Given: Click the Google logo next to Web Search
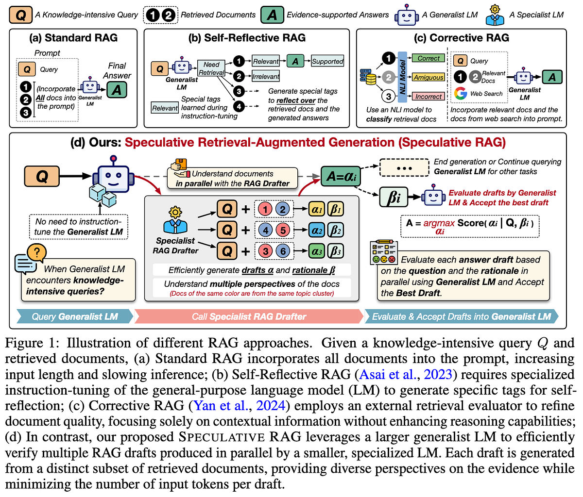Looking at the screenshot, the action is (460, 94).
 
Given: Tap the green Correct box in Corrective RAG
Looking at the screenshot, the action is (428, 58).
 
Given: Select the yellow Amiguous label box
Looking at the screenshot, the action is (428, 77).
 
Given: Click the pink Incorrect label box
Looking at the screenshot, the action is (428, 97).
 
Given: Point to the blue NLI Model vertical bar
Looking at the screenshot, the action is (402, 77).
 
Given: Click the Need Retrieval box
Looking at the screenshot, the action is (211, 68).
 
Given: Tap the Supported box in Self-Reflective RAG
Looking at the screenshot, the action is (327, 61).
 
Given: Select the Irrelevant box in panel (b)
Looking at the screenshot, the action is (266, 76).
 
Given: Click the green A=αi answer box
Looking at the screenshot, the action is (341, 176).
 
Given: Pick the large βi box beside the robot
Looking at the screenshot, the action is (394, 197).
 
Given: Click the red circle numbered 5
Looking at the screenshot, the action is (283, 230).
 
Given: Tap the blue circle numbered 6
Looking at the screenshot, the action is (283, 251).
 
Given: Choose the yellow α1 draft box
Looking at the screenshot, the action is (316, 209).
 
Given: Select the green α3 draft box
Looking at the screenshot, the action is (316, 251).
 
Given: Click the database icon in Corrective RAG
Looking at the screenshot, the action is (368, 77).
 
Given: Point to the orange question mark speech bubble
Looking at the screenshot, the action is (37, 252).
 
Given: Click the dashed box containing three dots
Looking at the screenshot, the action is (404, 168).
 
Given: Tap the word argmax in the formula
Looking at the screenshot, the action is (439, 223).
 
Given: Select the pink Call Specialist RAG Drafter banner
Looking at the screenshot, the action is (249, 316).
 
